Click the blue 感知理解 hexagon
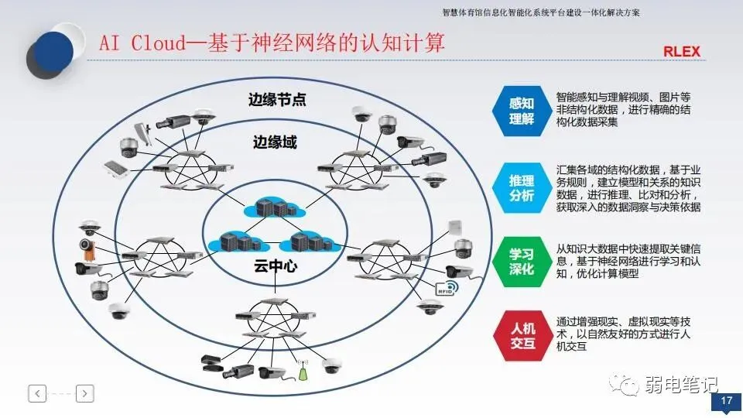tap(521, 111)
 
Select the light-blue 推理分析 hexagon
tap(521, 188)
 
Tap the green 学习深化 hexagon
tap(521, 262)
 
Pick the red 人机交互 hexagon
tap(522, 335)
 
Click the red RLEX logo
tap(681, 52)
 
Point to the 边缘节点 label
tap(277, 100)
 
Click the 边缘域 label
tap(275, 142)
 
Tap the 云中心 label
tap(276, 266)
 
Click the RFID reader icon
tap(447, 288)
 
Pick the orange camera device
tap(87, 249)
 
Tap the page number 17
tap(727, 400)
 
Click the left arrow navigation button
tap(37, 393)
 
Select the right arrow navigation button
tap(85, 393)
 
